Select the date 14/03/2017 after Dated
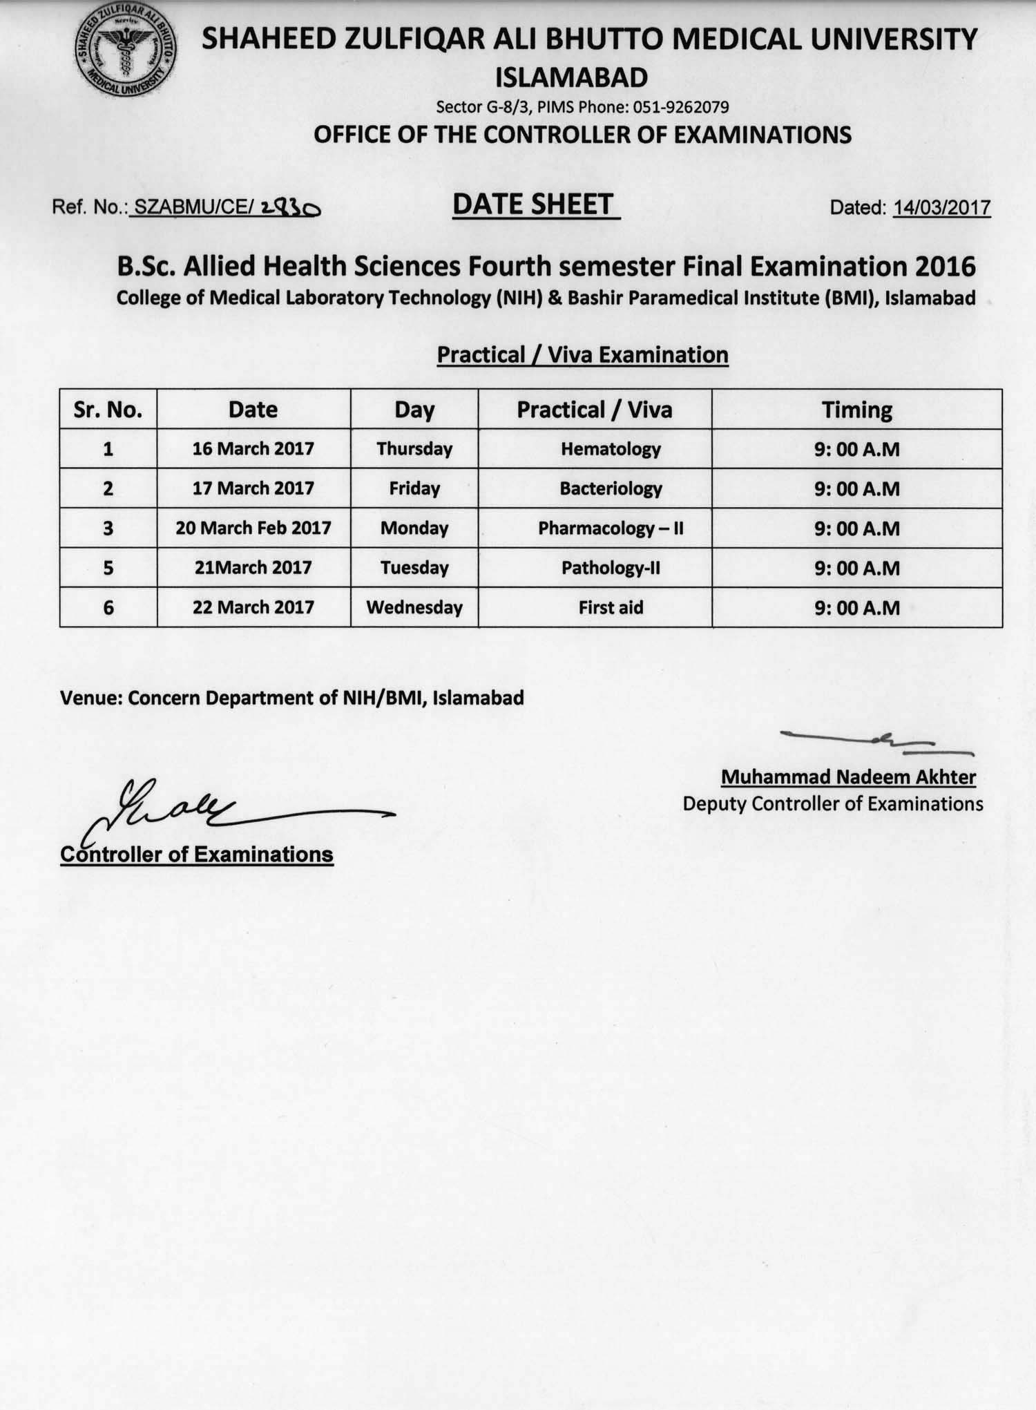click(x=941, y=207)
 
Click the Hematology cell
click(x=611, y=449)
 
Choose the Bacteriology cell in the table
click(x=611, y=488)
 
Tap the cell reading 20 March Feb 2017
click(x=253, y=528)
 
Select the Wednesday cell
click(x=414, y=607)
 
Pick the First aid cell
click(x=611, y=607)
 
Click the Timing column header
click(x=856, y=410)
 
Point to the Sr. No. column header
click(x=108, y=410)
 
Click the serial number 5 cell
click(x=108, y=568)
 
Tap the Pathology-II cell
click(x=611, y=568)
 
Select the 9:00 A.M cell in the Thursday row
click(x=856, y=449)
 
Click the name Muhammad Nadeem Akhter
click(x=848, y=777)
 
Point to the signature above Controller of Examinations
click(x=228, y=808)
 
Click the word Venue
click(x=90, y=698)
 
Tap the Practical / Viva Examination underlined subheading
click(x=582, y=354)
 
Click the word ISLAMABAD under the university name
click(x=571, y=77)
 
